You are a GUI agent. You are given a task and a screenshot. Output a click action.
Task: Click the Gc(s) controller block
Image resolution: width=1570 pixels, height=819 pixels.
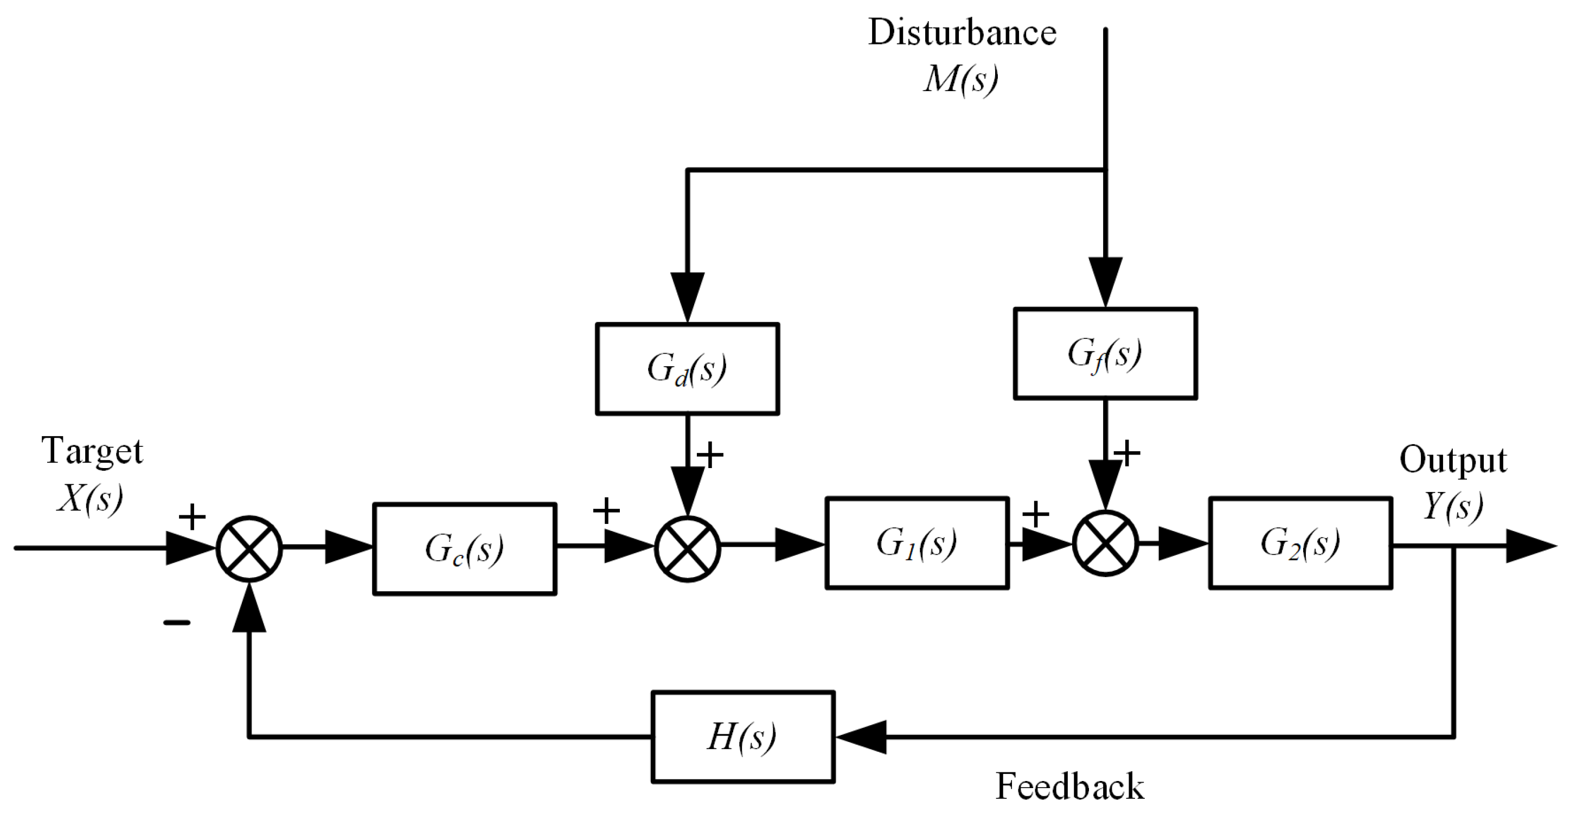tap(464, 548)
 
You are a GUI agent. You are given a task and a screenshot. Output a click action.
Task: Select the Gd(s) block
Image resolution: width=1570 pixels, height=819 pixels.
tap(687, 369)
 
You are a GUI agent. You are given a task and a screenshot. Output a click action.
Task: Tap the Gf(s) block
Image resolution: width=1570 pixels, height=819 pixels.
tap(1105, 354)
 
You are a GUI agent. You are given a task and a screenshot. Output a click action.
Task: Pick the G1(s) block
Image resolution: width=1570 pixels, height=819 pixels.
tap(917, 543)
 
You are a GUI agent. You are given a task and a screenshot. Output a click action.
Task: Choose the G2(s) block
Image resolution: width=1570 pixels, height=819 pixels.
tap(1300, 543)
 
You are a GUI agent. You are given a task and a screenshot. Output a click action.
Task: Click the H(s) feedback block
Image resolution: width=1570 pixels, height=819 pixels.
tap(742, 737)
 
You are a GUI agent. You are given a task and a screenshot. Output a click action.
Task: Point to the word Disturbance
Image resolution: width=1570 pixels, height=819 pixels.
tap(962, 33)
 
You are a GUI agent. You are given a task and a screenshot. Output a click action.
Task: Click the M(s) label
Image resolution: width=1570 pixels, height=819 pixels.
tap(960, 79)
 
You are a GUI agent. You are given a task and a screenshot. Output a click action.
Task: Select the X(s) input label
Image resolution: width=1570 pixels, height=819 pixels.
tap(89, 498)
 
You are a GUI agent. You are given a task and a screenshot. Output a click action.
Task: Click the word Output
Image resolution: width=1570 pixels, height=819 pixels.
tap(1452, 460)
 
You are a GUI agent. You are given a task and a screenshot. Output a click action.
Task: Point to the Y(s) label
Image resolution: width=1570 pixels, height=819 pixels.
tap(1452, 506)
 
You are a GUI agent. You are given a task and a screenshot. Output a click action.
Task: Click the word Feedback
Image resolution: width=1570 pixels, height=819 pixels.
tap(1069, 786)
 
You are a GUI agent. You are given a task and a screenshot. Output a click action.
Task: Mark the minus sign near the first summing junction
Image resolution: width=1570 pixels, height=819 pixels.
tap(177, 623)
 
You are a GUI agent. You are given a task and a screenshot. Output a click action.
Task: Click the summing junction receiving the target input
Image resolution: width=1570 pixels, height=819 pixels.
tap(249, 548)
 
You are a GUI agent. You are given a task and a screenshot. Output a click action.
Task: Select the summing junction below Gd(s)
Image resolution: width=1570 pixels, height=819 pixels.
tap(688, 548)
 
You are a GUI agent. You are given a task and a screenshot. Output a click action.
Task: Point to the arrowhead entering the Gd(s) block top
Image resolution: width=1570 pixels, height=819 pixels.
tap(688, 296)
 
